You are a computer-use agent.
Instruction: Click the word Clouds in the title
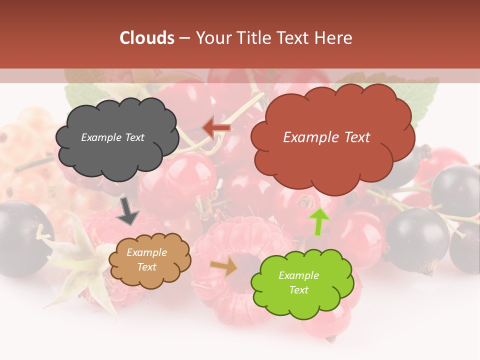tap(147, 38)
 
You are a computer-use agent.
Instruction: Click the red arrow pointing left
tap(216, 128)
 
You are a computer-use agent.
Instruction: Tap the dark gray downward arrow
tap(128, 210)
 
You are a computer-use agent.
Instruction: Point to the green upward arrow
tap(319, 221)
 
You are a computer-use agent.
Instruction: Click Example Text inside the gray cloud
tap(112, 137)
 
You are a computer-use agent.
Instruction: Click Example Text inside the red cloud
tap(326, 137)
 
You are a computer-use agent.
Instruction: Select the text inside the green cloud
tap(298, 282)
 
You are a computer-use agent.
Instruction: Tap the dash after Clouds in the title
tap(184, 38)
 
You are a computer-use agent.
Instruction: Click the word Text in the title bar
tap(296, 38)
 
